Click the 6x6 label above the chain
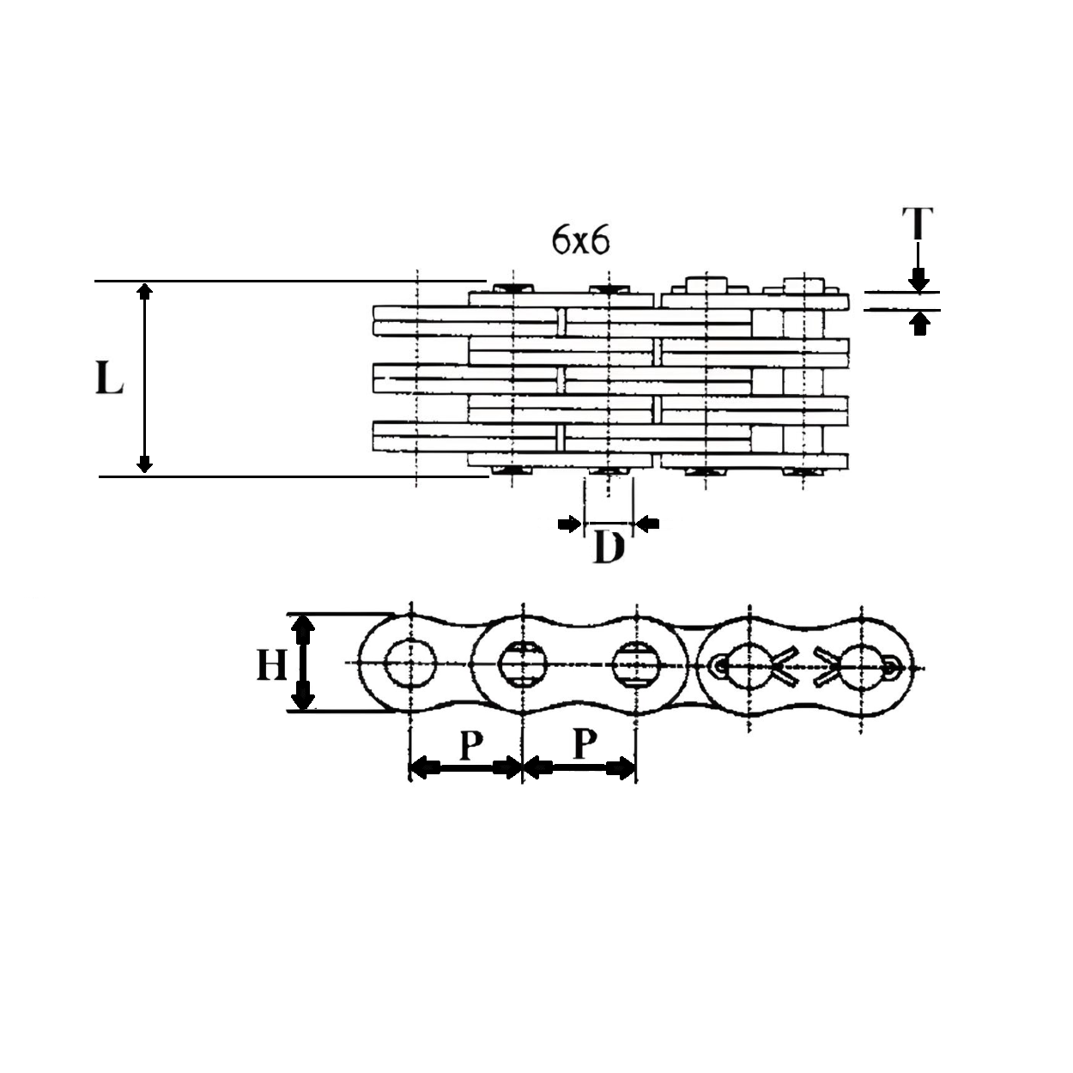pyautogui.click(x=580, y=241)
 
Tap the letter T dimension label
pyautogui.click(x=918, y=223)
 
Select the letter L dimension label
pyautogui.click(x=109, y=378)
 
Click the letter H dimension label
pyautogui.click(x=272, y=664)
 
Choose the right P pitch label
pyautogui.click(x=584, y=745)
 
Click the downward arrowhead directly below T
pyautogui.click(x=918, y=280)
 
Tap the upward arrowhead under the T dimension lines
pyautogui.click(x=919, y=323)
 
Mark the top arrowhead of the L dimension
pyautogui.click(x=145, y=289)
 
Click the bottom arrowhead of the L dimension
pyautogui.click(x=145, y=465)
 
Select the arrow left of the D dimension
pyautogui.click(x=569, y=524)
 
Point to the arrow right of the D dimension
pyautogui.click(x=647, y=524)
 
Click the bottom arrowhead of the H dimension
pyautogui.click(x=301, y=698)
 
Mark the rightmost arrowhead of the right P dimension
pyautogui.click(x=624, y=768)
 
